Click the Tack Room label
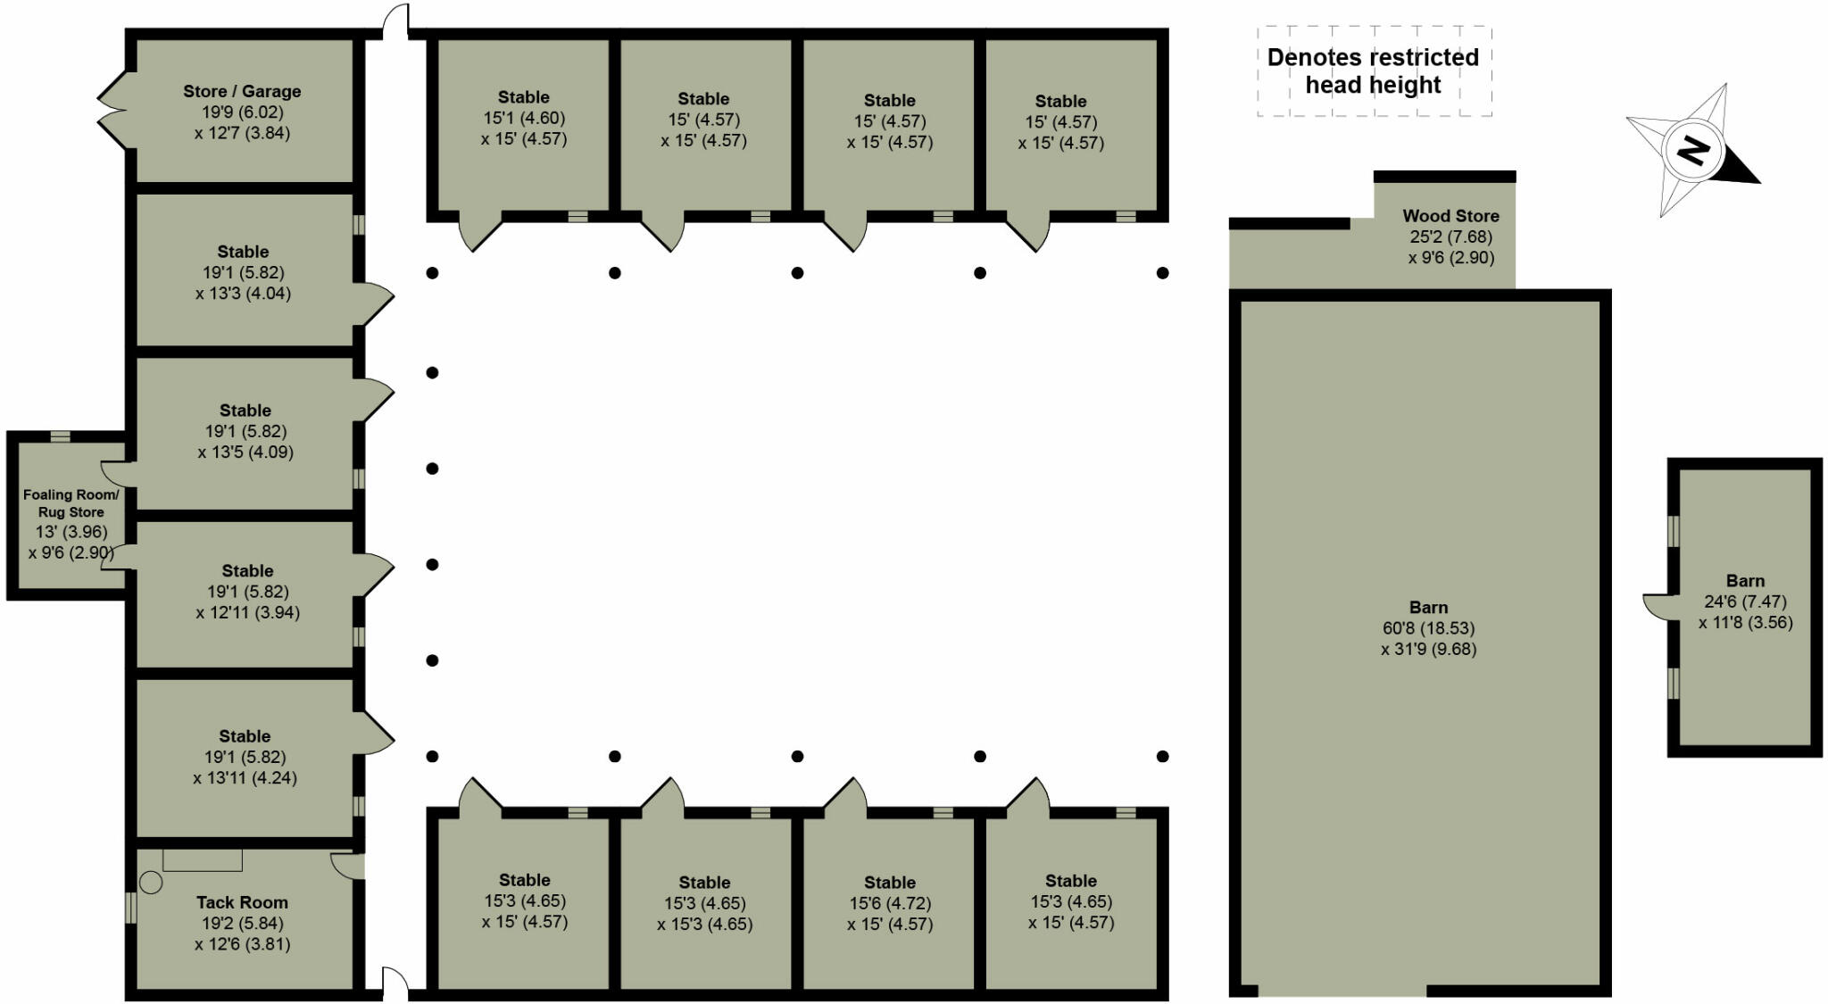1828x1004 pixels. pyautogui.click(x=242, y=902)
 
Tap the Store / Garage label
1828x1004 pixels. pyautogui.click(x=242, y=91)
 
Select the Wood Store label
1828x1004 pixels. pyautogui.click(x=1450, y=216)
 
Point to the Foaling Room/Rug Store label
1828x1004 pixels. pyautogui.click(x=71, y=503)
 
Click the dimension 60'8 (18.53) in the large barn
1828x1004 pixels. pyautogui.click(x=1428, y=628)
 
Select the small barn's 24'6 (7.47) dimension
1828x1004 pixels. pyautogui.click(x=1744, y=602)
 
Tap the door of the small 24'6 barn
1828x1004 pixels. pyautogui.click(x=1657, y=607)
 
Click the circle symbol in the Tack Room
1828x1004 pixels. pyautogui.click(x=152, y=883)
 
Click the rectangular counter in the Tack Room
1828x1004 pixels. pyautogui.click(x=203, y=859)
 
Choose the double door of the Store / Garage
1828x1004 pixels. pyautogui.click(x=114, y=112)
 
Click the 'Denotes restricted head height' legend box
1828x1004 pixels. pyautogui.click(x=1374, y=71)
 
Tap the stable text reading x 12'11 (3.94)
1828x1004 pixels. pyautogui.click(x=247, y=612)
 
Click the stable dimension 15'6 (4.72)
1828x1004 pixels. pyautogui.click(x=889, y=903)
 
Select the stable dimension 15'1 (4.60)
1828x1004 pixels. pyautogui.click(x=524, y=118)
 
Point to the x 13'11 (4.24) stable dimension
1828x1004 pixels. pyautogui.click(x=245, y=777)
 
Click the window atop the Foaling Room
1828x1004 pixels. pyautogui.click(x=60, y=436)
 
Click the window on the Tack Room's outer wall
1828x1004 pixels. pyautogui.click(x=130, y=908)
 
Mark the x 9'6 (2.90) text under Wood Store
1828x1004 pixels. pyautogui.click(x=1450, y=258)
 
